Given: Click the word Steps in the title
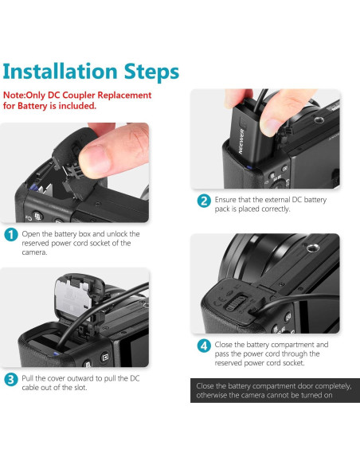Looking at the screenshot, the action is point(151,72).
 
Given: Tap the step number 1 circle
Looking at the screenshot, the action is point(11,235).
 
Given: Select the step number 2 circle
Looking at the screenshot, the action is point(204,201).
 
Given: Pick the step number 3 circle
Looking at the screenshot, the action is point(11,380).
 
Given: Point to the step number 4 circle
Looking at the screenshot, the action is point(204,346).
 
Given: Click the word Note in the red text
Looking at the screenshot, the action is point(14,96).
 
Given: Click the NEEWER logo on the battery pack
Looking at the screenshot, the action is point(241,141).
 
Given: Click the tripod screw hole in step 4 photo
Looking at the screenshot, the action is point(312,248).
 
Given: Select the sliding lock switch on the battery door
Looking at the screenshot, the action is point(236,303).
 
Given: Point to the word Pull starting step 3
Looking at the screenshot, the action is point(28,378).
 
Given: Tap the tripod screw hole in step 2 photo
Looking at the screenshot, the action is point(319,120).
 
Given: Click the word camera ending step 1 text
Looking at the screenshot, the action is point(34,252).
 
